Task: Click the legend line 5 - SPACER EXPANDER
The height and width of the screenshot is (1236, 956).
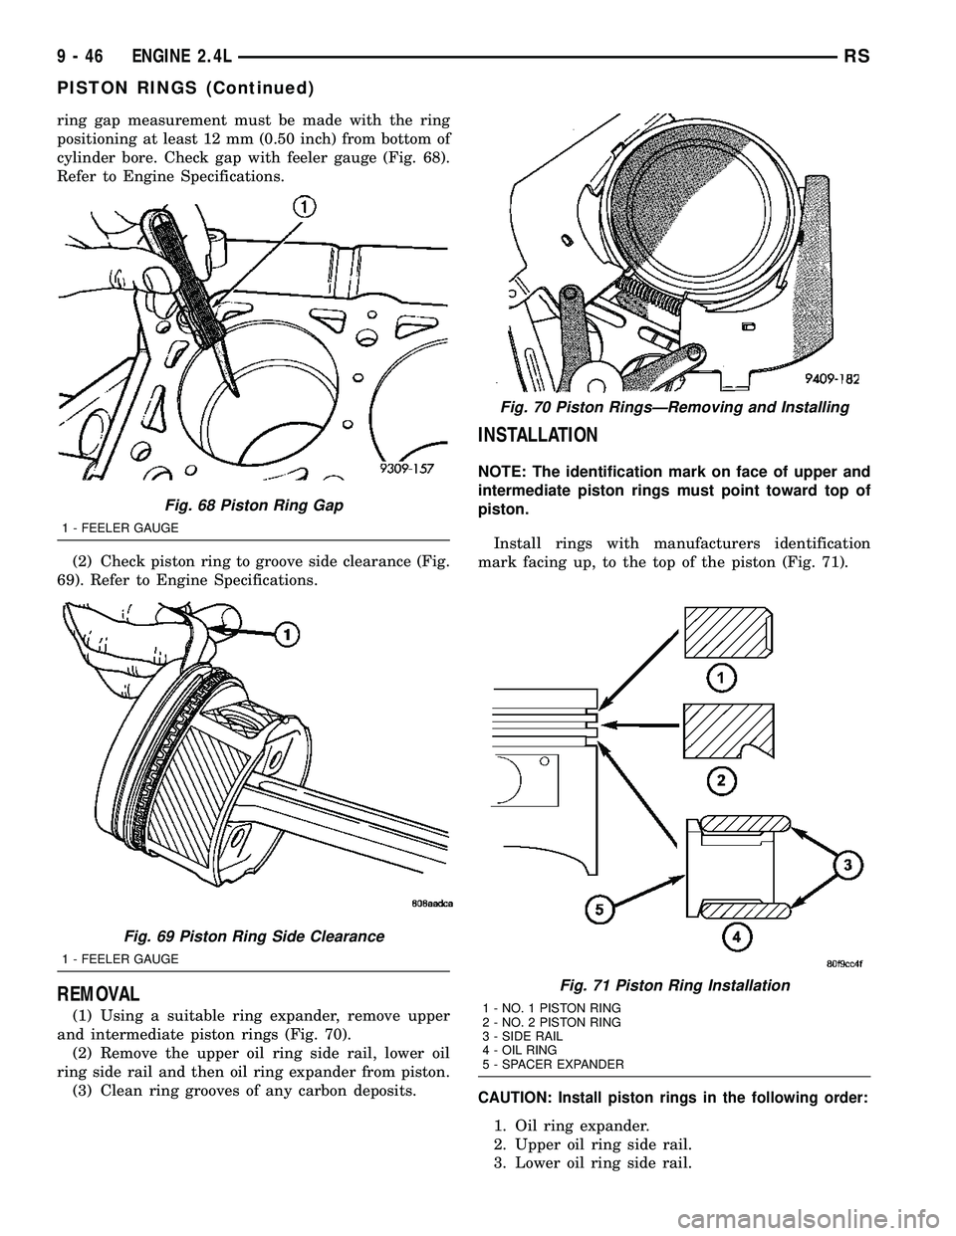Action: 553,1064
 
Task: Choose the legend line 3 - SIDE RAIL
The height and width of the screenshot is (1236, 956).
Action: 523,1036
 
